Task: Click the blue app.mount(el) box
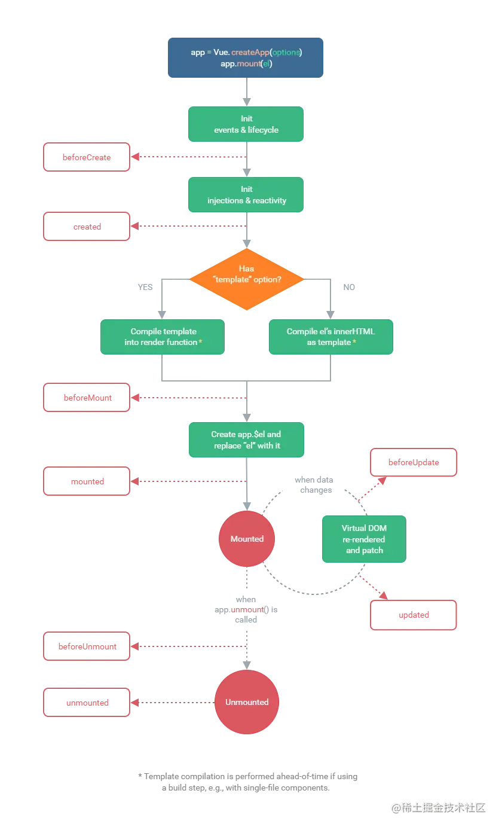point(246,58)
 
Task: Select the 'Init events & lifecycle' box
point(246,124)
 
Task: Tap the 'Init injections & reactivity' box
point(246,195)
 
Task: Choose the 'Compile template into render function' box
point(163,337)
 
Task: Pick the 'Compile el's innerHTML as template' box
point(330,337)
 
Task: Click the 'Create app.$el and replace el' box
point(246,440)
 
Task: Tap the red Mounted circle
point(247,539)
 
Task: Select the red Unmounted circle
point(247,702)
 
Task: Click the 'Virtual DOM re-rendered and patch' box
point(363,539)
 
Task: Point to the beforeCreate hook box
point(87,157)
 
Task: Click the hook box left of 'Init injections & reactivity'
point(87,227)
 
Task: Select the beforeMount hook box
point(87,397)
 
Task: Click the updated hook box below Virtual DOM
point(414,615)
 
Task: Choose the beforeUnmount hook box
point(87,646)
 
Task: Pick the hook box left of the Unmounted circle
point(87,703)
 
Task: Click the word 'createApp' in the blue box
point(250,52)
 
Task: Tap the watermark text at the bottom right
point(437,807)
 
